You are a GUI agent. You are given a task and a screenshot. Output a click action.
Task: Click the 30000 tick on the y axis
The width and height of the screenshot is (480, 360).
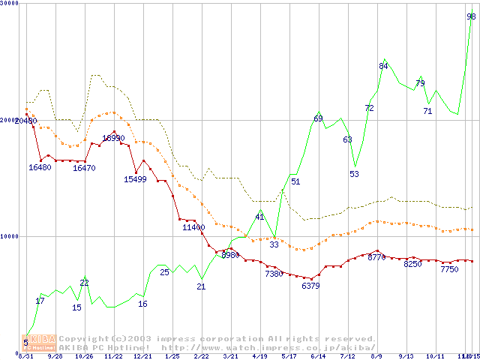tap(9, 4)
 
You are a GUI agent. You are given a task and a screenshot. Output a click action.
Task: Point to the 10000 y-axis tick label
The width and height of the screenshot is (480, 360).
tap(9, 236)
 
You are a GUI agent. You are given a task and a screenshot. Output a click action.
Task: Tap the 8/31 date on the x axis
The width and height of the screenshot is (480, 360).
tap(25, 356)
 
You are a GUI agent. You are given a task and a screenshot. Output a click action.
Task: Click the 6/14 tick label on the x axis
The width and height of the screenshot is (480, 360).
tap(318, 356)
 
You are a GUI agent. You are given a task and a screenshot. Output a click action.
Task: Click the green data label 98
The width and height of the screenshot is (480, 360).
tap(471, 16)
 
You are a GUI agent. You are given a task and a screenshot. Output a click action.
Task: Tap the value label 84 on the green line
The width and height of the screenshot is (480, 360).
tap(383, 66)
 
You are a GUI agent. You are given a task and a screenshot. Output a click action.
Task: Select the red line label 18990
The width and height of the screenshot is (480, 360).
tap(113, 138)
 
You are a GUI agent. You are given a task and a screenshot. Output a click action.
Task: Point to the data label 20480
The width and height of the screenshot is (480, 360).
tap(25, 121)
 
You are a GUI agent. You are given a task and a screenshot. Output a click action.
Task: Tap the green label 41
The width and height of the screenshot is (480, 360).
tap(259, 217)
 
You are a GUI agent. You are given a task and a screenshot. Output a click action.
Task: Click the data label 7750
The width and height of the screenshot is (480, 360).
tap(449, 269)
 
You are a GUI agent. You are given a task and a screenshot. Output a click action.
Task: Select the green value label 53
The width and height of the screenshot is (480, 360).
tap(354, 174)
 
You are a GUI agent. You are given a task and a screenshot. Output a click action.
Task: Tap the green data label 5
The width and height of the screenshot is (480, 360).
tap(25, 343)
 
